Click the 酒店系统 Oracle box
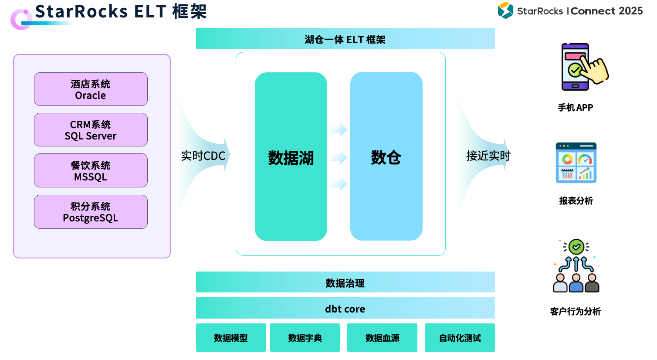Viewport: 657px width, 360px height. point(91,89)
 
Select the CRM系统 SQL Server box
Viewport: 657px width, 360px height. point(91,130)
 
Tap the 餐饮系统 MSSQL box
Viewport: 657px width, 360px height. point(91,171)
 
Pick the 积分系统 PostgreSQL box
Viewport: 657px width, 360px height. point(91,212)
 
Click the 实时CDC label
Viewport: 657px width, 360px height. point(203,156)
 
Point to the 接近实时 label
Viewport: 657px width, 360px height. point(488,156)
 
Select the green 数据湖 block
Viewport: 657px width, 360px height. point(291,157)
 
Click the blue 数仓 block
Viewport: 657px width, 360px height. point(386,157)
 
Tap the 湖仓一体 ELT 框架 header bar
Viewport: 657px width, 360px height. point(345,39)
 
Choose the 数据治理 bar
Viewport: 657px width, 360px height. point(345,282)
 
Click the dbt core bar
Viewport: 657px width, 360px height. point(345,308)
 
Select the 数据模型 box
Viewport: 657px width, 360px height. point(231,338)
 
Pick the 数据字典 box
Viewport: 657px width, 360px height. point(305,338)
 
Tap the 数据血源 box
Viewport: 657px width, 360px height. point(382,338)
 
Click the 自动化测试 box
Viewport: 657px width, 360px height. point(460,338)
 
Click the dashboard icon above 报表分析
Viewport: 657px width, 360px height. point(576,163)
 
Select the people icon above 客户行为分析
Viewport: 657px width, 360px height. point(576,266)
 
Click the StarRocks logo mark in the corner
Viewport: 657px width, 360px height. point(505,10)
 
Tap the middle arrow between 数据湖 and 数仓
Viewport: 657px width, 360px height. point(339,157)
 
